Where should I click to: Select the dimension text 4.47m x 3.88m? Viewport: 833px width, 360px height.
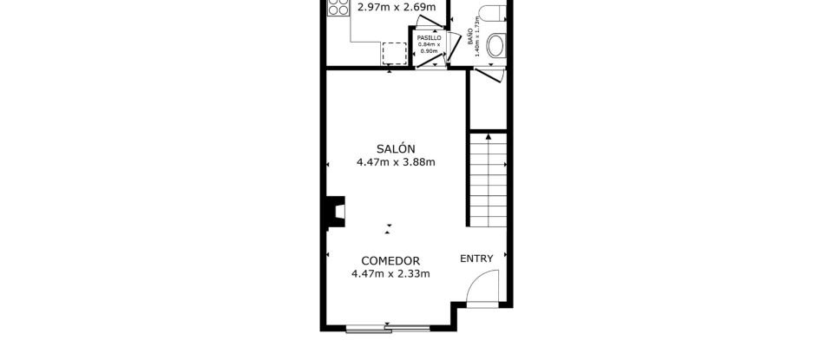pyautogui.click(x=396, y=161)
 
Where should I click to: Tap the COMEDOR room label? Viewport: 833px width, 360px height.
pyautogui.click(x=390, y=260)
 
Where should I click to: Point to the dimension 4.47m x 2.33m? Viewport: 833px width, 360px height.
pyautogui.click(x=390, y=274)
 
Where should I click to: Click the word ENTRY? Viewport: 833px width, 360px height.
pyautogui.click(x=476, y=258)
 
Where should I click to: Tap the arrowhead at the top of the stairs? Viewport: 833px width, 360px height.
pyautogui.click(x=489, y=136)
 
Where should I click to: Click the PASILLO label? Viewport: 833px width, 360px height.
pyautogui.click(x=430, y=38)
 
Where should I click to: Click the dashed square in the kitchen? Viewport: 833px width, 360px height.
pyautogui.click(x=395, y=53)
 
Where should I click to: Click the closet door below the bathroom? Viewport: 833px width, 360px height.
pyautogui.click(x=485, y=73)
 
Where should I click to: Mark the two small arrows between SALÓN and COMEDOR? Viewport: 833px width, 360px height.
pyautogui.click(x=389, y=228)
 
